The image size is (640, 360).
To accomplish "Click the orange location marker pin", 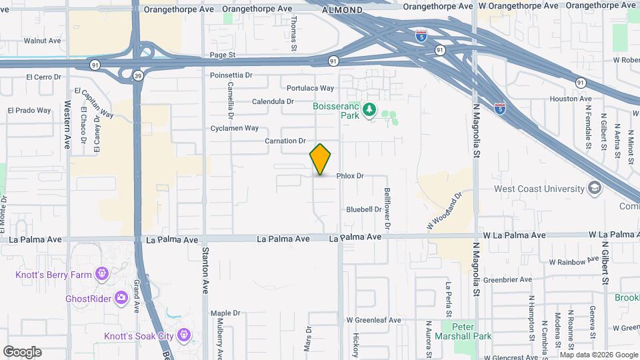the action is [321, 159].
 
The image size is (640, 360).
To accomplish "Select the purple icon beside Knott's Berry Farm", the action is [101, 273].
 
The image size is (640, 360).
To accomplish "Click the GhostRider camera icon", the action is [121, 297].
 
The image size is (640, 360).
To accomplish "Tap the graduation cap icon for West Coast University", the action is [594, 189].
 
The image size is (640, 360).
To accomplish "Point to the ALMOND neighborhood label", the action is [343, 11].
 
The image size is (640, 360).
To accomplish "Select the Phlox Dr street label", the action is [350, 176].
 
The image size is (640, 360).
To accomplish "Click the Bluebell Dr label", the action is [363, 209].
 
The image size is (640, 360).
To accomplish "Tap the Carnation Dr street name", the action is [285, 141].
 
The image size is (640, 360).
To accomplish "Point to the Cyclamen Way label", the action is [234, 128].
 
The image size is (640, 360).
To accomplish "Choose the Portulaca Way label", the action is [310, 88].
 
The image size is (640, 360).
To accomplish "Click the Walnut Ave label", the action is [42, 41].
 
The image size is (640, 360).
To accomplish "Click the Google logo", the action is [22, 352].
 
